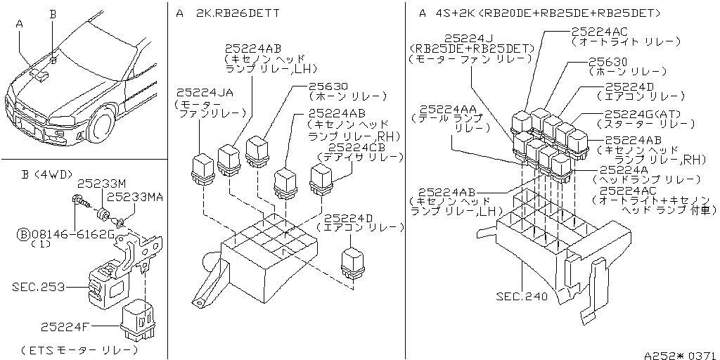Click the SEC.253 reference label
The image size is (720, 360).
point(38,287)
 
